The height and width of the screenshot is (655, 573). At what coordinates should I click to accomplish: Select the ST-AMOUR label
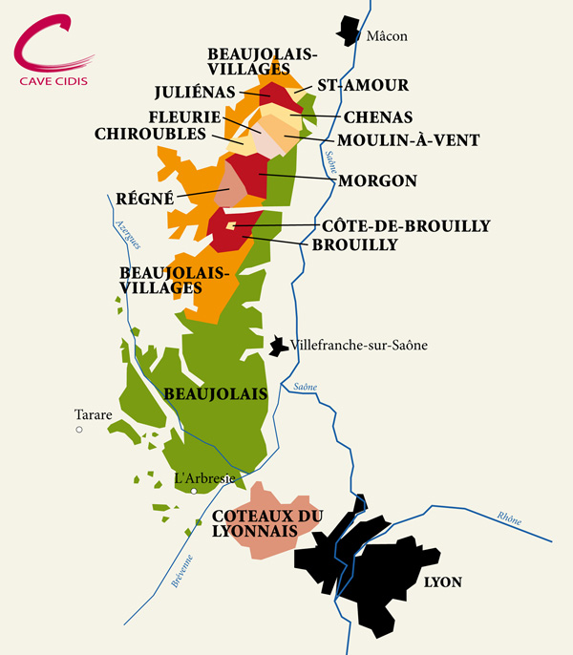coord(363,85)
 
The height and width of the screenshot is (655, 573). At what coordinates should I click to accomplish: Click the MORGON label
coord(377,180)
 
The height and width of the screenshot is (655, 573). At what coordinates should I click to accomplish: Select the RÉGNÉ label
coord(145,199)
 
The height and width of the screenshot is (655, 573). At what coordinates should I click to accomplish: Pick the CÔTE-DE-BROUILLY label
coord(407,226)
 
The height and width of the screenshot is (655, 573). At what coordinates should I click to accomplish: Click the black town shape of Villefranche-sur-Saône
coord(278,346)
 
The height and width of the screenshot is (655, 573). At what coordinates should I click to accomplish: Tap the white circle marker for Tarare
coord(80,431)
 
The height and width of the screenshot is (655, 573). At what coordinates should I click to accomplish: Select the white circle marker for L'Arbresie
coord(194,491)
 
